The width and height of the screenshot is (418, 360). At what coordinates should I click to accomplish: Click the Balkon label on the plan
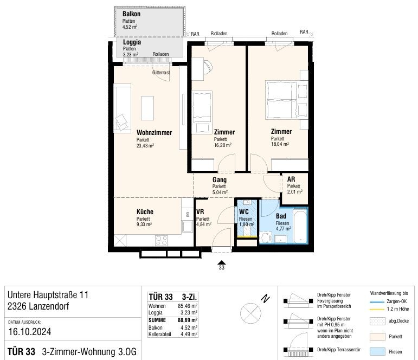[x=131, y=14]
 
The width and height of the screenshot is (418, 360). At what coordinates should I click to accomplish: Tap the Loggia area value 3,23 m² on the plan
[x=131, y=54]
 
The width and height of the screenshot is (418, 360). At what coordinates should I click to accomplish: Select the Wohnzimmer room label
[x=154, y=132]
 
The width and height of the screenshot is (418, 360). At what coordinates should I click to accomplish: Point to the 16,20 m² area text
[x=223, y=145]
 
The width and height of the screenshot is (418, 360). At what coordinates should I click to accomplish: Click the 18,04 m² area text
[x=280, y=144]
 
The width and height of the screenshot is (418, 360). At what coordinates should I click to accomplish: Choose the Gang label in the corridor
[x=220, y=180]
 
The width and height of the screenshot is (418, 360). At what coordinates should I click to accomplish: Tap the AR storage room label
[x=291, y=179]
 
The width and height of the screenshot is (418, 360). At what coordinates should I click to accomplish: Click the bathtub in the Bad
[x=301, y=227]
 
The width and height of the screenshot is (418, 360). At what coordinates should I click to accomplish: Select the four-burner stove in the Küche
[x=161, y=241]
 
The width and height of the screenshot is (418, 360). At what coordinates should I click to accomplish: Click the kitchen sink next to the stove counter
[x=187, y=227]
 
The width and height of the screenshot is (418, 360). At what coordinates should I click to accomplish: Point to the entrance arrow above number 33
[x=222, y=262]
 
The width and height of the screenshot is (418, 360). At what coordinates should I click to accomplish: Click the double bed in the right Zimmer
[x=281, y=100]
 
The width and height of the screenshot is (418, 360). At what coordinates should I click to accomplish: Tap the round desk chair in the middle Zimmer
[x=208, y=66]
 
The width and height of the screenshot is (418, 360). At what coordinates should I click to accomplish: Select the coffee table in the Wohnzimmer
[x=147, y=108]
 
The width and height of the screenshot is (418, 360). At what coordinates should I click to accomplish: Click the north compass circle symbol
[x=250, y=313]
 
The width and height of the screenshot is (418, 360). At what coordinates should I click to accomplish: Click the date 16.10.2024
[x=30, y=332]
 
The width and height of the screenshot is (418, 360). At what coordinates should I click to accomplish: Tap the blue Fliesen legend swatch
[x=377, y=351]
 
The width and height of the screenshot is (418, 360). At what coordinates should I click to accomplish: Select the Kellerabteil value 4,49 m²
[x=189, y=334]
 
